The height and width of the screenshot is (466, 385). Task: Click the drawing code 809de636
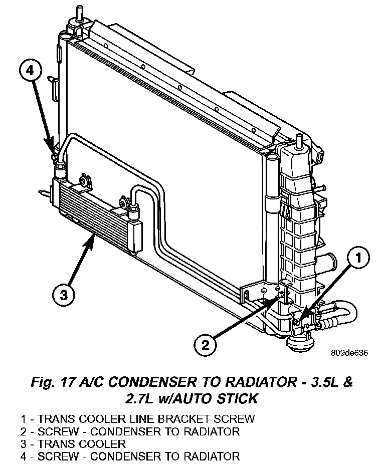pos(349,353)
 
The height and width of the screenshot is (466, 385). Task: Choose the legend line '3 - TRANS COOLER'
pos(73,443)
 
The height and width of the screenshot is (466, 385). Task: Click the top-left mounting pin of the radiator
pos(79,13)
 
